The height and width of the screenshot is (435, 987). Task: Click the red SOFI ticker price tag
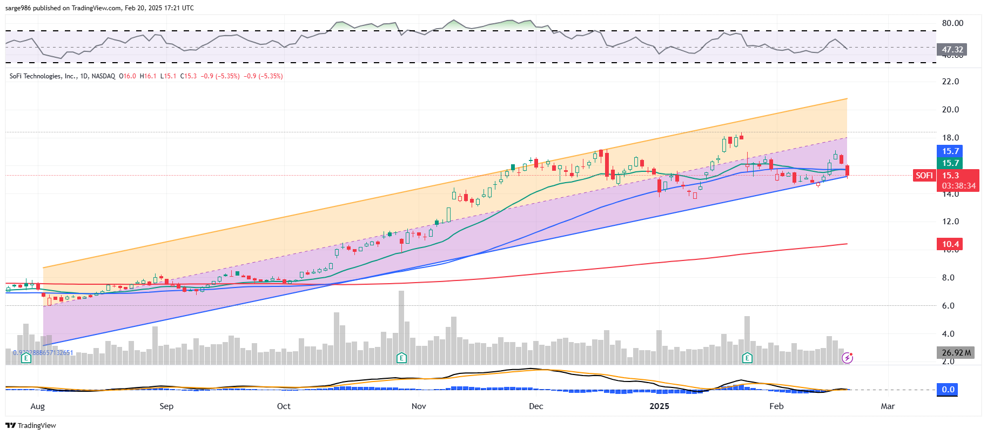click(x=924, y=175)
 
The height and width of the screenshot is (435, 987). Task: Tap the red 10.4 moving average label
click(x=950, y=244)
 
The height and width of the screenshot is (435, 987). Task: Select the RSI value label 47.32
click(x=952, y=50)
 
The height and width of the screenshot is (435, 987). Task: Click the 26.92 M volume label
click(x=956, y=353)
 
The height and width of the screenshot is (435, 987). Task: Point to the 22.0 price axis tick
click(x=950, y=82)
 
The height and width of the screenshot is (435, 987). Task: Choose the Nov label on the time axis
click(x=419, y=406)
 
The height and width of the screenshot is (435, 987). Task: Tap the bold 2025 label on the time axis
click(x=659, y=406)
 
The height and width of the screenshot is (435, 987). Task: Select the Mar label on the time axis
click(x=888, y=406)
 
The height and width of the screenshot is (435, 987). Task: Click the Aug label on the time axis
click(x=38, y=406)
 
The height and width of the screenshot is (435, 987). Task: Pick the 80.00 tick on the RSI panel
click(x=952, y=23)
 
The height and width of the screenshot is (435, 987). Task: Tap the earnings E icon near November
click(x=401, y=358)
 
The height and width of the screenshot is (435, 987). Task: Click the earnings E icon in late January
click(x=747, y=358)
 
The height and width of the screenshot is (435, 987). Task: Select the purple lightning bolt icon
click(x=847, y=358)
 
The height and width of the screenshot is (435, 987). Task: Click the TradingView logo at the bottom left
click(x=31, y=426)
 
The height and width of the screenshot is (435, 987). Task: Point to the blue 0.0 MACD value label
click(x=948, y=390)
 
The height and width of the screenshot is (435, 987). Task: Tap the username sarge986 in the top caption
click(x=18, y=8)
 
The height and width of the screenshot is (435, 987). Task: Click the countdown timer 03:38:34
click(x=958, y=186)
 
